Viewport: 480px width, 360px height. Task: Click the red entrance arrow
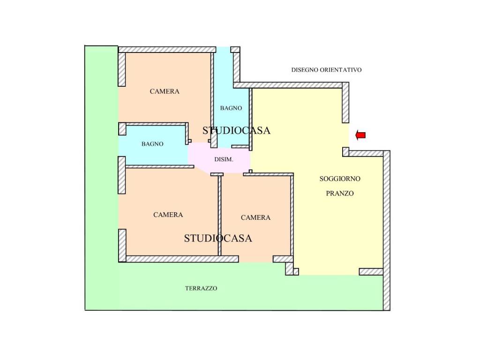click(x=360, y=135)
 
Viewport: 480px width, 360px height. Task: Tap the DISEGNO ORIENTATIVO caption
click(x=326, y=70)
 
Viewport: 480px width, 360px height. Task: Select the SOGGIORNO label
click(x=340, y=179)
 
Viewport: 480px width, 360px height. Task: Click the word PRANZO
click(x=340, y=193)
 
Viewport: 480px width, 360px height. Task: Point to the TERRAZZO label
click(x=201, y=288)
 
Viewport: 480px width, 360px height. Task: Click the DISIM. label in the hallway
click(x=224, y=159)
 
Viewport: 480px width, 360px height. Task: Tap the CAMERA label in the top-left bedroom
click(x=165, y=91)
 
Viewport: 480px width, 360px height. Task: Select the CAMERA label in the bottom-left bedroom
click(x=168, y=215)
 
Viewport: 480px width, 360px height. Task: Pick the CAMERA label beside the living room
click(x=255, y=217)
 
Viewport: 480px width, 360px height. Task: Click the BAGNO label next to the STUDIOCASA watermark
click(x=231, y=108)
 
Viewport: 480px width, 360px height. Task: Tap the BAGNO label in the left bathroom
click(x=152, y=143)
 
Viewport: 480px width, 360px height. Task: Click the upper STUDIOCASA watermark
click(x=236, y=130)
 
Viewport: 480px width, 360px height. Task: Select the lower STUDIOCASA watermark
click(x=218, y=238)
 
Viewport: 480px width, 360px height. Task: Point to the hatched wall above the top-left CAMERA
click(x=167, y=50)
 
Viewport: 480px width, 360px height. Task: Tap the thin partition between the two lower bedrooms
click(x=219, y=216)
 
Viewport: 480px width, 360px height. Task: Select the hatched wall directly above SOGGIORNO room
click(x=291, y=85)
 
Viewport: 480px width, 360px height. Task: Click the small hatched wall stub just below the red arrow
click(x=345, y=152)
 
